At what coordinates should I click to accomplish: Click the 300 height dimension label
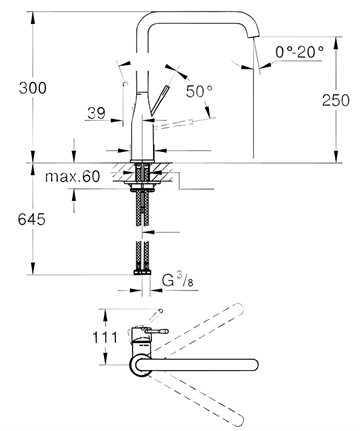click(33, 88)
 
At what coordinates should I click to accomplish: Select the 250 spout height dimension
click(336, 100)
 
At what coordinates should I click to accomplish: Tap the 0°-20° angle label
click(299, 52)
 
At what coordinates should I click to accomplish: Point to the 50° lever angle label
click(199, 91)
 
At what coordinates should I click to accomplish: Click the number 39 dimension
click(96, 113)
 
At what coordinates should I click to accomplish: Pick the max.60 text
click(72, 176)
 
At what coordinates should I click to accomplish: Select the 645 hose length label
click(32, 219)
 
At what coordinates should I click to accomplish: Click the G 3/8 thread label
click(178, 282)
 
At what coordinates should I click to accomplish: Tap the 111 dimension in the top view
click(105, 337)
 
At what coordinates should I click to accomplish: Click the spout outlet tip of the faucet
click(254, 36)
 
